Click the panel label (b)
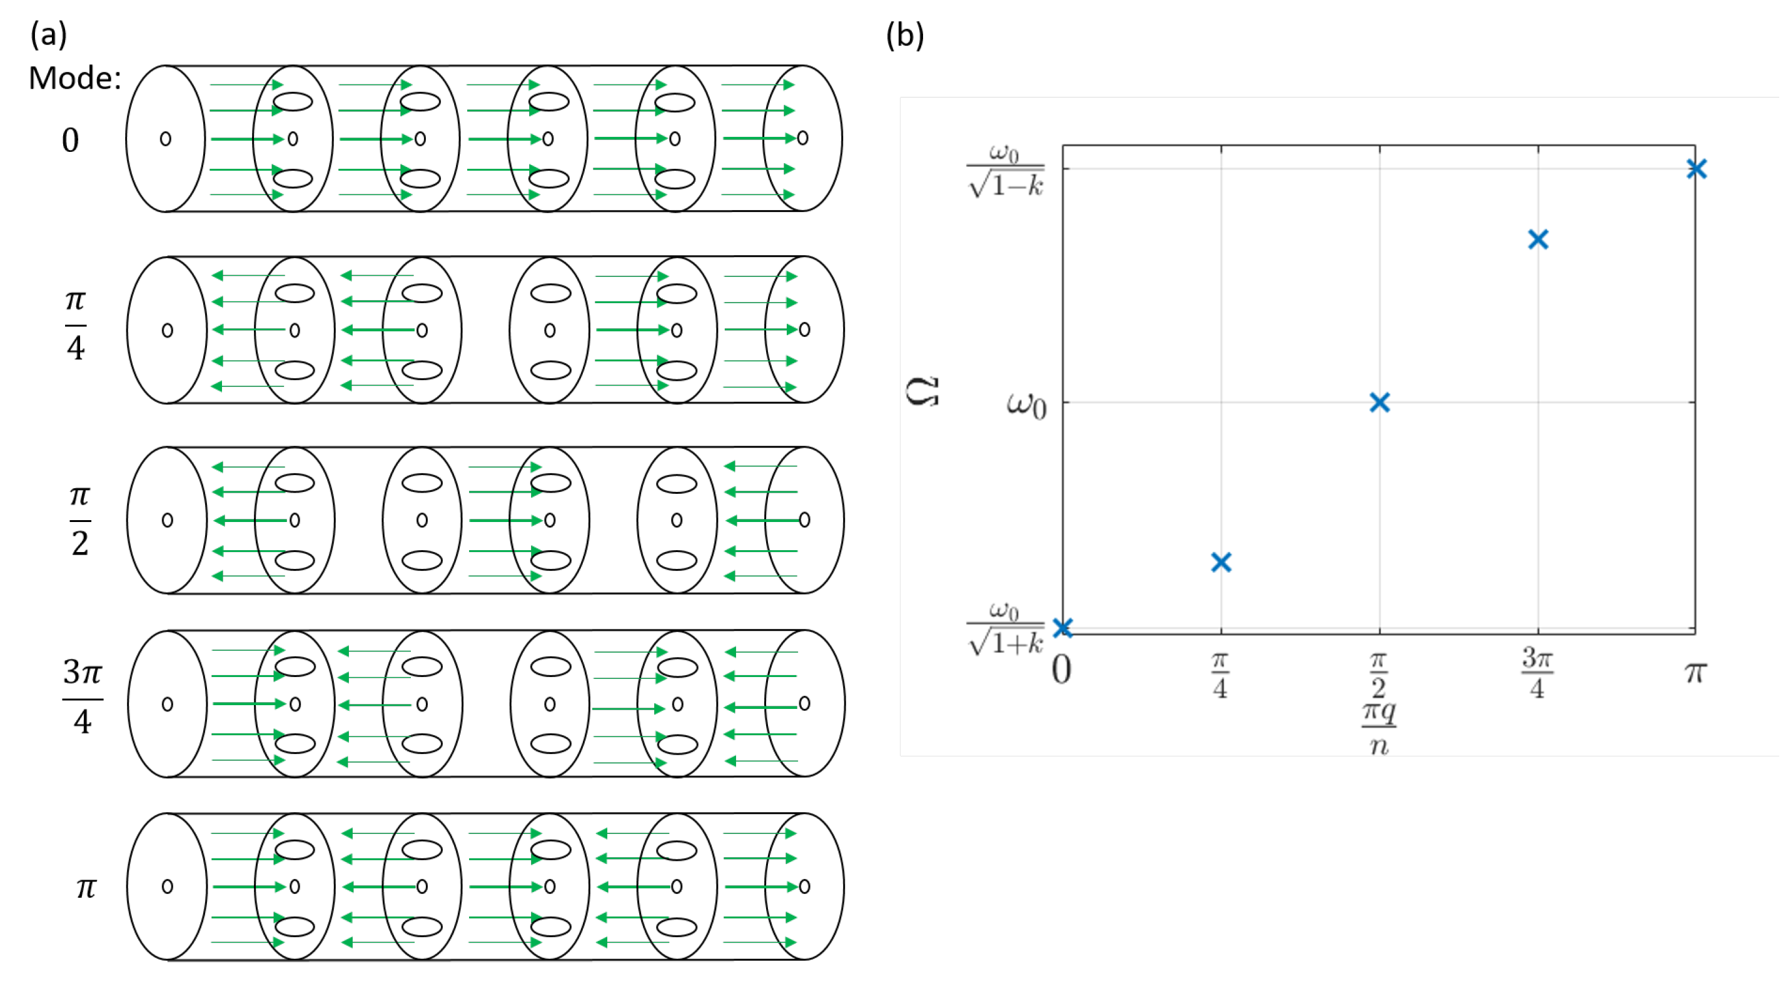(x=904, y=35)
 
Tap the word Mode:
(x=74, y=78)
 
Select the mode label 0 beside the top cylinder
(x=70, y=140)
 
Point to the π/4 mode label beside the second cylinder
(x=75, y=324)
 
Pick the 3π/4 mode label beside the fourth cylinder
(x=83, y=696)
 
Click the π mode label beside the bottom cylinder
(x=86, y=888)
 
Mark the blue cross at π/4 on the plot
(x=1221, y=562)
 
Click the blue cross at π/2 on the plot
(x=1379, y=403)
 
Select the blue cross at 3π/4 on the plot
(x=1538, y=239)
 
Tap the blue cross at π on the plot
(x=1695, y=169)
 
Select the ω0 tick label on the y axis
(x=1025, y=404)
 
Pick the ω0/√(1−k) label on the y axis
(x=1005, y=171)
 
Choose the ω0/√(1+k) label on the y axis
(x=1005, y=630)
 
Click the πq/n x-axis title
(x=1378, y=728)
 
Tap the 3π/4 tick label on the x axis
(x=1537, y=673)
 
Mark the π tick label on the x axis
(x=1695, y=671)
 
